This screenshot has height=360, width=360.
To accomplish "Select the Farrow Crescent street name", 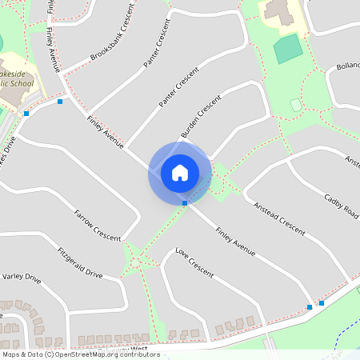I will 97,226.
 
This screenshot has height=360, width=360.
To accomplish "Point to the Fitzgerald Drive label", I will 79,262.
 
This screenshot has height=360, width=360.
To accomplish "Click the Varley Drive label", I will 21,278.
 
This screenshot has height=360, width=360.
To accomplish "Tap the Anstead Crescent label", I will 279,218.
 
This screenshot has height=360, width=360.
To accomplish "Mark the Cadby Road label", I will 342,207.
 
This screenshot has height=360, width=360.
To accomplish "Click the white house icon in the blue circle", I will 180,172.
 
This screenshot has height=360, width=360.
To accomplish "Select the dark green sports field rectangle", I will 288,50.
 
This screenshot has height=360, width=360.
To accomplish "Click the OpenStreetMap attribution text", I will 80,354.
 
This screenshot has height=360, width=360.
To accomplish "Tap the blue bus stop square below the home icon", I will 185,203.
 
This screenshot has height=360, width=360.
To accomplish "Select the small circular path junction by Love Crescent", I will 136,261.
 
